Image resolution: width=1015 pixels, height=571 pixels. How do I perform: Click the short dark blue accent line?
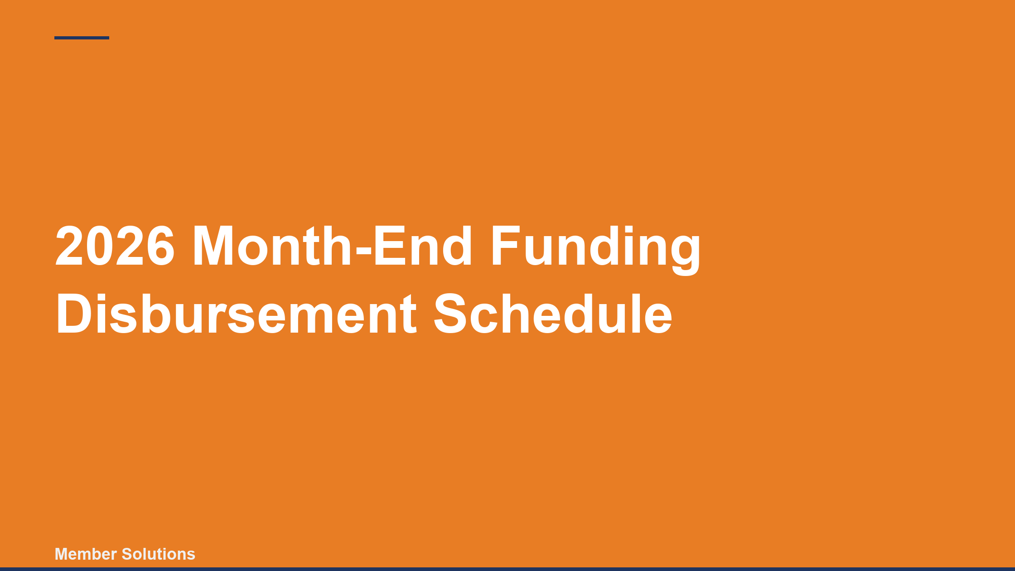tap(82, 38)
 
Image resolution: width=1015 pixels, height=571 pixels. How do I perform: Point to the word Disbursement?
tap(236, 314)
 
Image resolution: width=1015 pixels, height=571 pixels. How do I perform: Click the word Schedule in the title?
tap(553, 314)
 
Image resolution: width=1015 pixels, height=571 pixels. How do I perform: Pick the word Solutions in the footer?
tap(159, 554)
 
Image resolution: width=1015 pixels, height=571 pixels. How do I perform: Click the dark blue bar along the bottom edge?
tap(507, 569)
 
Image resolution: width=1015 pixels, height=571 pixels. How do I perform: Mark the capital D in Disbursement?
tap(74, 314)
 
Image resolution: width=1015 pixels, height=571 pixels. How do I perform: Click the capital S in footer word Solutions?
tap(127, 554)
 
